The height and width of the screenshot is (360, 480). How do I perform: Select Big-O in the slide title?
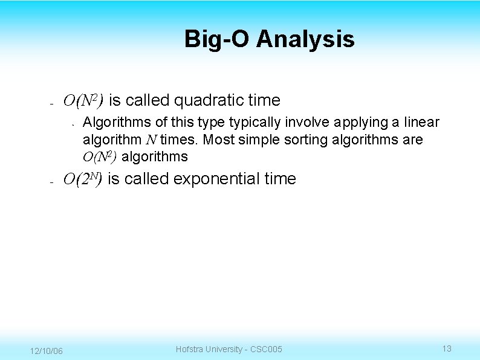coord(217,39)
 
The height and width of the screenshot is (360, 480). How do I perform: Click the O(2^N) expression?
coord(83,179)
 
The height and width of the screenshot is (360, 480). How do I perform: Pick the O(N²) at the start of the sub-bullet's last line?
coord(101,157)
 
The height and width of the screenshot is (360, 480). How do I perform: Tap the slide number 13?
coord(447,349)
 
